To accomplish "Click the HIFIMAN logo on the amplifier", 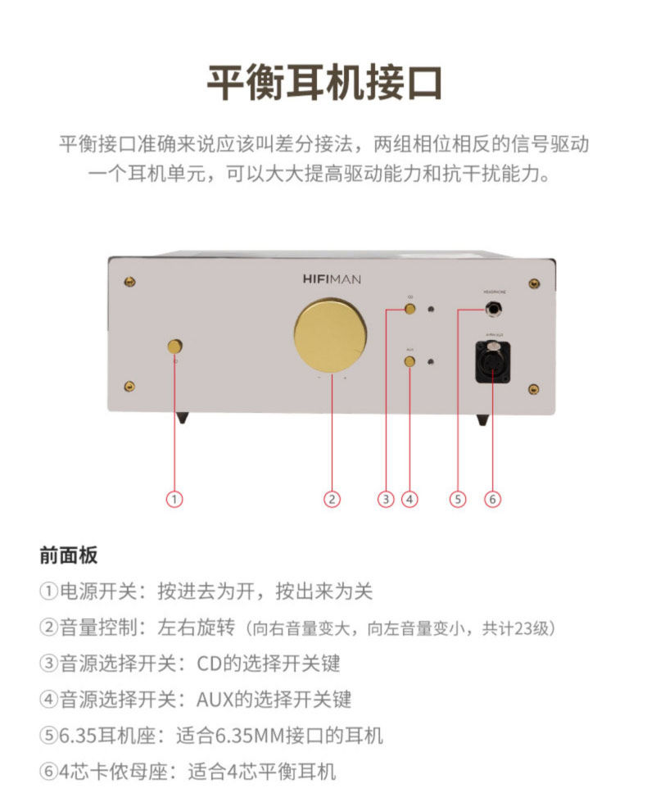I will (326, 279).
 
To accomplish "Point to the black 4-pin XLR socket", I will (493, 361).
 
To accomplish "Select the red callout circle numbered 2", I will (331, 498).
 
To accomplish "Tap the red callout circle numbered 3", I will (387, 498).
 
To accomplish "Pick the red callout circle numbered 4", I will (409, 498).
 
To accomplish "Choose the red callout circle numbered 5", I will (458, 498).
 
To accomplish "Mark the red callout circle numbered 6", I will (492, 498).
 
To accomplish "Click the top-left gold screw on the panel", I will (129, 281).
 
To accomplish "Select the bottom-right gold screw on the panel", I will (533, 388).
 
